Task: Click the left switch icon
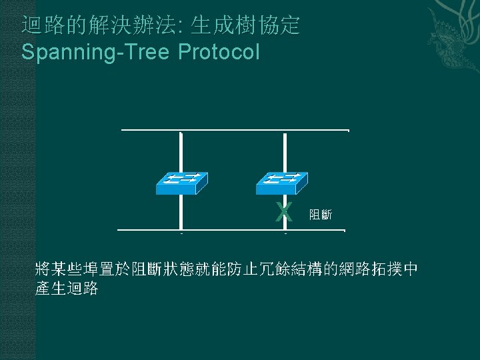coord(181,182)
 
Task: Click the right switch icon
coord(284,182)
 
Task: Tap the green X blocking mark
coord(285,213)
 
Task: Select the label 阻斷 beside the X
coord(321,215)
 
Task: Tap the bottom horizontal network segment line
coord(231,230)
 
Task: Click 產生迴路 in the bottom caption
coord(67,289)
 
